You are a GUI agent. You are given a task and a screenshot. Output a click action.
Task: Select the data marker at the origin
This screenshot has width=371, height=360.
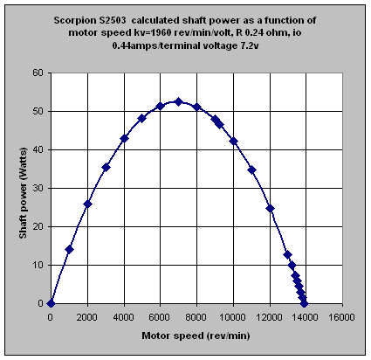(x=51, y=303)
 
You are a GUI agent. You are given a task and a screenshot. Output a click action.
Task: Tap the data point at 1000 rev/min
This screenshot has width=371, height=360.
(x=69, y=249)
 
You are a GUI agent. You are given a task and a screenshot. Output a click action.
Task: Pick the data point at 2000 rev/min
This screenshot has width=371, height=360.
(x=87, y=204)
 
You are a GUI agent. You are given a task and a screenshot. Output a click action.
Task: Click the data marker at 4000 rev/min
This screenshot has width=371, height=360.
(x=124, y=138)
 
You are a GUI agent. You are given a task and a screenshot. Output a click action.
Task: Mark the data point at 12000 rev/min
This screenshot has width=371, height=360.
(x=271, y=208)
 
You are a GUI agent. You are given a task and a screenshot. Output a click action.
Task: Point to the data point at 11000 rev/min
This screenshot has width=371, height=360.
(x=252, y=170)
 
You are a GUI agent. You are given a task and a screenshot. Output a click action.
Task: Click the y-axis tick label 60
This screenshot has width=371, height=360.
(x=38, y=73)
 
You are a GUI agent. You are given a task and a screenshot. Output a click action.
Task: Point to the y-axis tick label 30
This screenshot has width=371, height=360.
(x=38, y=188)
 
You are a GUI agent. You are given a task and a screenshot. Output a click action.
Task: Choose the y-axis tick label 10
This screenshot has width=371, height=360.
(x=38, y=265)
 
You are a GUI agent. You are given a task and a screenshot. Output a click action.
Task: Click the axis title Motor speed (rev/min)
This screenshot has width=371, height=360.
(x=196, y=336)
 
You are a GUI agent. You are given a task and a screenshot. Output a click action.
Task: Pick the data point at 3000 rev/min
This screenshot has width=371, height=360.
(x=106, y=167)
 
